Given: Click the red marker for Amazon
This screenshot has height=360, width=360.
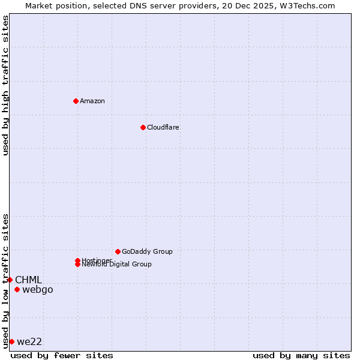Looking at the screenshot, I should tap(76, 101).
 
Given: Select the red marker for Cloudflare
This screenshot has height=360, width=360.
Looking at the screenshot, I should tap(143, 127).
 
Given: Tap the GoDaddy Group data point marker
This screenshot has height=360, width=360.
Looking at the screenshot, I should tap(118, 251).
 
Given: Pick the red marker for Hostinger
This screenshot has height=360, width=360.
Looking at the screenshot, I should tap(77, 260).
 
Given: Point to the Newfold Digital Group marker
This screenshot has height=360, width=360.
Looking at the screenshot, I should tap(77, 265).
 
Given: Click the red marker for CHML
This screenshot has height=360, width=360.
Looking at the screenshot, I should tap(10, 280).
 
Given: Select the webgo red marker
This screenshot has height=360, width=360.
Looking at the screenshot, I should tap(17, 290).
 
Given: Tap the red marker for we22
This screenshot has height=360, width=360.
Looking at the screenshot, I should tap(11, 341).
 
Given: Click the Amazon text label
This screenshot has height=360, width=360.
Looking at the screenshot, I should tap(92, 101).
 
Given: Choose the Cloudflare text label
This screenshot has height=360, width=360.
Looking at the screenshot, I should tap(163, 127).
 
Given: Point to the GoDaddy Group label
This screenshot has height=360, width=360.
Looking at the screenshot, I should tap(147, 251).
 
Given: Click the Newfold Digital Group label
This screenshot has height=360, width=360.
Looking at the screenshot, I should tap(117, 265).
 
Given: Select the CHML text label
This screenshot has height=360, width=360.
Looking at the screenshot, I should tap(28, 280).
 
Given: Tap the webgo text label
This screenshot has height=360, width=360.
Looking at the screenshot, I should tap(38, 290).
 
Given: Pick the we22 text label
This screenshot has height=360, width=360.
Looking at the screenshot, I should tap(29, 341).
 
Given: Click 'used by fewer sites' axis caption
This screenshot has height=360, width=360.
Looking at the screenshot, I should tap(62, 355).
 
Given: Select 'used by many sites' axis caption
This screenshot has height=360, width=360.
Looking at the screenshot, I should tap(301, 355).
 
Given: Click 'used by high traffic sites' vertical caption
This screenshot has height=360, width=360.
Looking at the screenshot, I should tap(5, 85).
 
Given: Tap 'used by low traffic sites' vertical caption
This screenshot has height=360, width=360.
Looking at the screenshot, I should tap(5, 280).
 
